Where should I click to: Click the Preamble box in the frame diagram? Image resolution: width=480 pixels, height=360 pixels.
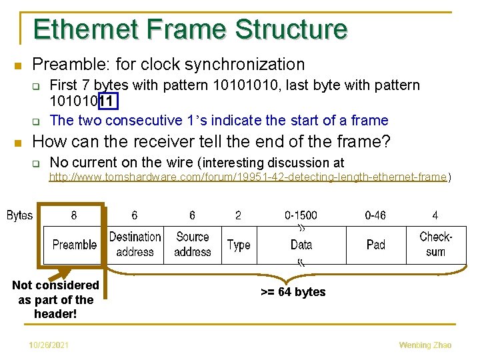pyautogui.click(x=74, y=245)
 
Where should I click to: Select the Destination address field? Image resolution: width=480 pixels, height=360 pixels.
pyautogui.click(x=135, y=245)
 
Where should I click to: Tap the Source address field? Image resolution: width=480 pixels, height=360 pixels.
pyautogui.click(x=192, y=245)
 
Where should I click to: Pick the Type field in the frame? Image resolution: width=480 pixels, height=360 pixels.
pyautogui.click(x=238, y=245)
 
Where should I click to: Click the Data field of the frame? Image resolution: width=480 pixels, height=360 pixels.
pyautogui.click(x=301, y=245)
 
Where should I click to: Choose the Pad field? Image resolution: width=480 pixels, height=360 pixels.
pyautogui.click(x=376, y=245)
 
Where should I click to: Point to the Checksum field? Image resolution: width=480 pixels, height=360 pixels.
pyautogui.click(x=435, y=245)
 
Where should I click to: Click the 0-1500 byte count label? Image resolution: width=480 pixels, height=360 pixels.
pyautogui.click(x=301, y=215)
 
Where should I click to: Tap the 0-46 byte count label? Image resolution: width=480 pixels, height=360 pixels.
pyautogui.click(x=376, y=215)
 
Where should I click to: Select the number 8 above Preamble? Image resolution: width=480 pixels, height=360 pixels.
pyautogui.click(x=73, y=215)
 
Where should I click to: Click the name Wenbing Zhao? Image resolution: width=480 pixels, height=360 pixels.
pyautogui.click(x=425, y=345)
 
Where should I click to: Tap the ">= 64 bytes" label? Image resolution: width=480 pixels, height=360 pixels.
pyautogui.click(x=293, y=292)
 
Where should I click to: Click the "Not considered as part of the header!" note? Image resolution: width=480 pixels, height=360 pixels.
pyautogui.click(x=55, y=299)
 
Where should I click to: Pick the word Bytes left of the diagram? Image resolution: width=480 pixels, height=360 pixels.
pyautogui.click(x=20, y=215)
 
